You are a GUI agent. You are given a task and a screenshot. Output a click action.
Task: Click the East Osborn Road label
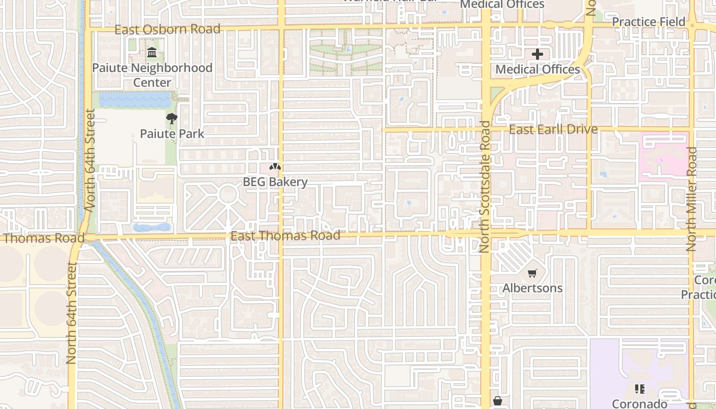(x=167, y=29)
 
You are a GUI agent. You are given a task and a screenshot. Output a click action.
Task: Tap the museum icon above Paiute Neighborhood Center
(x=152, y=53)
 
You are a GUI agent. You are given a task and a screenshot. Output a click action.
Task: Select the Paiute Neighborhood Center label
(x=152, y=75)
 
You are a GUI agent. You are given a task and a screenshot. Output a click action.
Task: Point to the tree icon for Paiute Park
(x=172, y=119)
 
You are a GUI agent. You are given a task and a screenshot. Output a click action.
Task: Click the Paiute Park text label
(x=172, y=134)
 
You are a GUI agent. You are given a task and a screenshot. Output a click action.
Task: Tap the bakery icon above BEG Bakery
(x=275, y=167)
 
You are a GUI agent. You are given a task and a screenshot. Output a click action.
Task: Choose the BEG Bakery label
(x=275, y=182)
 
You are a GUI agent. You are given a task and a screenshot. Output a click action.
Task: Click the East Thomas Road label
(x=285, y=236)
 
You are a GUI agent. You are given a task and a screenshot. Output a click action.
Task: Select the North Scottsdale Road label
(x=484, y=187)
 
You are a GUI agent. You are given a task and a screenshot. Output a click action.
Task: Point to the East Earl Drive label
(x=553, y=129)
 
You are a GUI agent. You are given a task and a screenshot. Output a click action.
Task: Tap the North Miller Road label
(x=691, y=199)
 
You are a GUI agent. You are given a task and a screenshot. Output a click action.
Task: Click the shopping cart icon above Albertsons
(x=532, y=274)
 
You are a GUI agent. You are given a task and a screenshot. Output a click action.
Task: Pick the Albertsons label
(x=532, y=288)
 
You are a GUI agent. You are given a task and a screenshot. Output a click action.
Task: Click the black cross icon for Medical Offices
(x=537, y=54)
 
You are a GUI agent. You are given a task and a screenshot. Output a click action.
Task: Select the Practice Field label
(x=648, y=22)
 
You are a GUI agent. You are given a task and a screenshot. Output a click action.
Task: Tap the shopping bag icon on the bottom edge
(x=497, y=401)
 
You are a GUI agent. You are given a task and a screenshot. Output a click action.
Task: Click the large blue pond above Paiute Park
(x=135, y=100)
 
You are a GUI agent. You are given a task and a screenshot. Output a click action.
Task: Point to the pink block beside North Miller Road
(x=663, y=156)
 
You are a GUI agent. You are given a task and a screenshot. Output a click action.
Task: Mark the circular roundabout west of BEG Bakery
(x=228, y=195)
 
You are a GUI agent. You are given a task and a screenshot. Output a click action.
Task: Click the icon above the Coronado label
(x=639, y=390)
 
